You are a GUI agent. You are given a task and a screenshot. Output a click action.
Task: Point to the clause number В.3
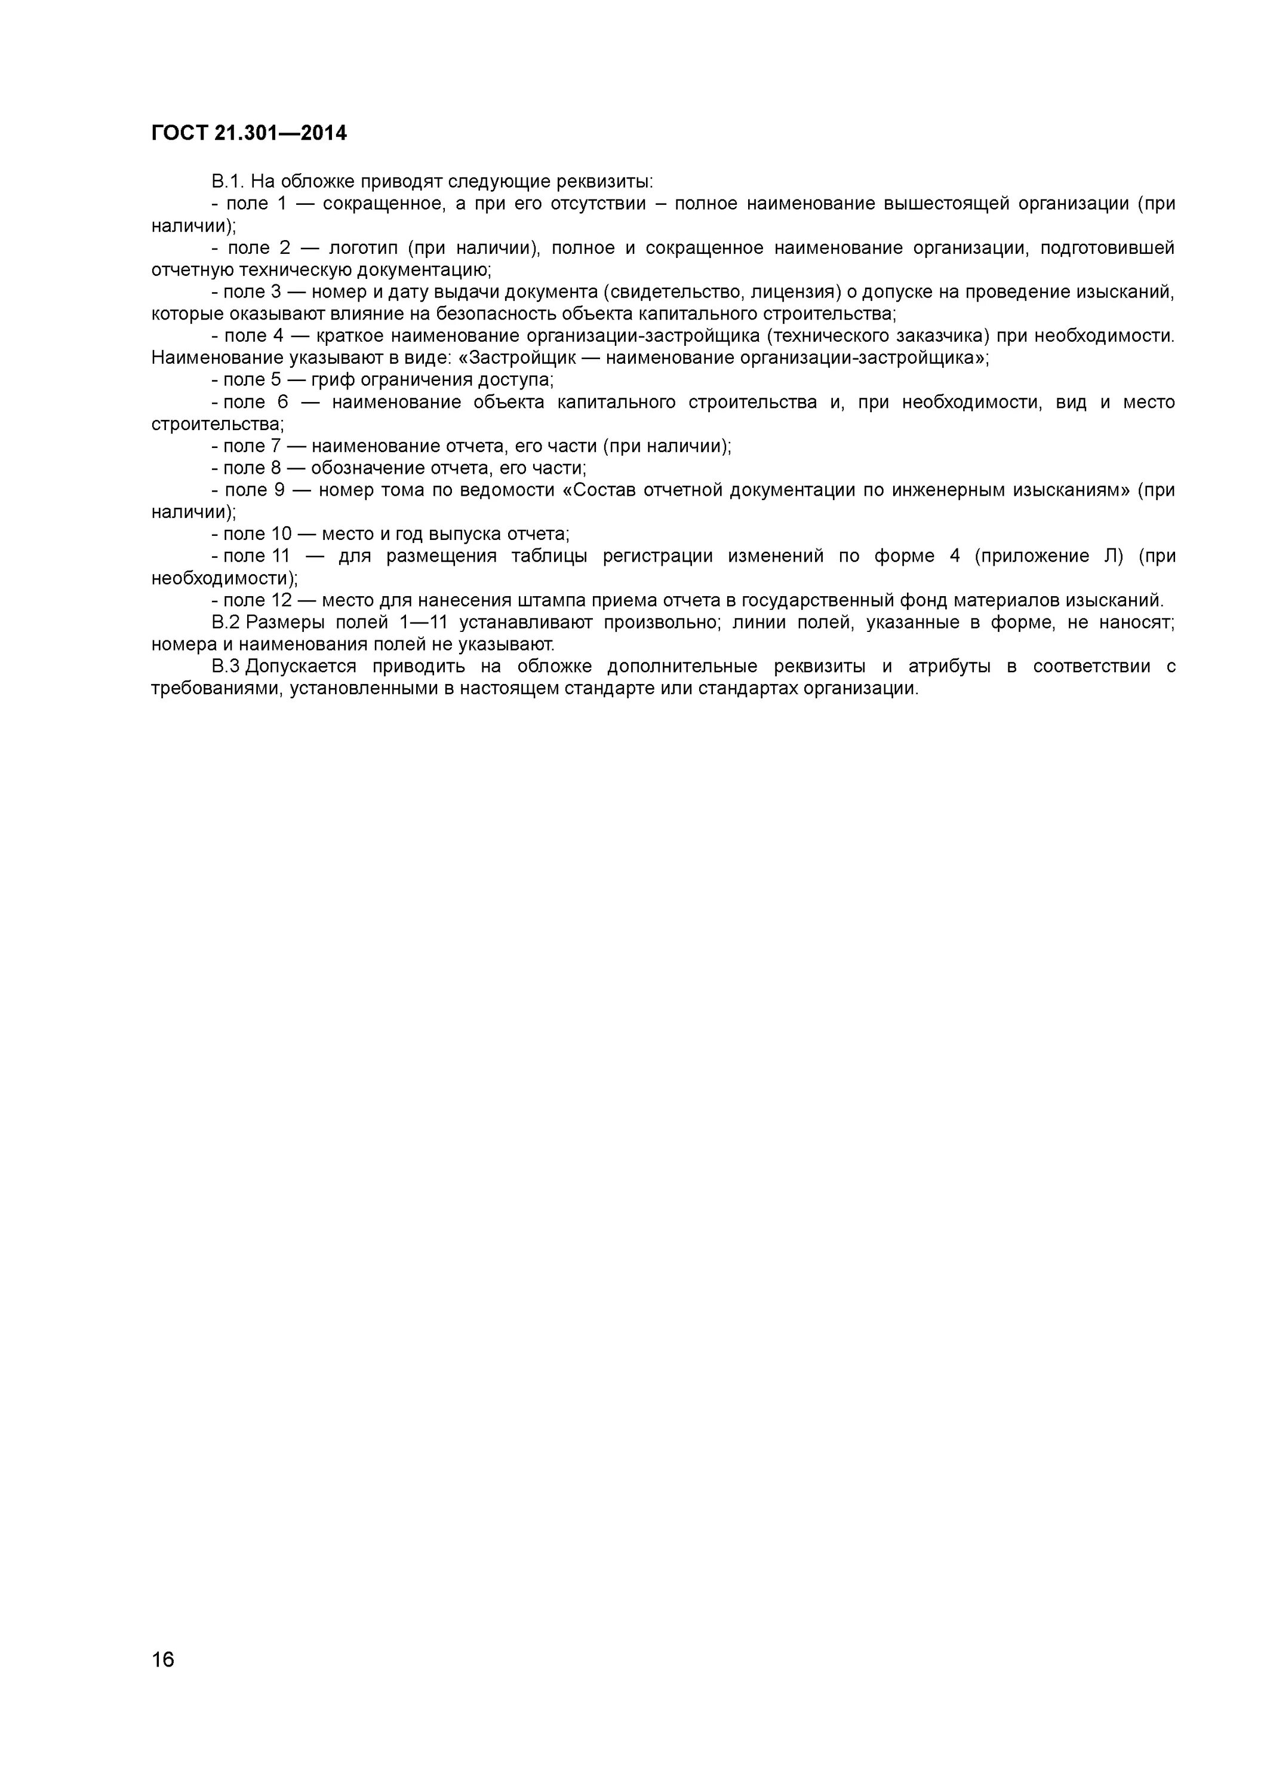(x=226, y=667)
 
